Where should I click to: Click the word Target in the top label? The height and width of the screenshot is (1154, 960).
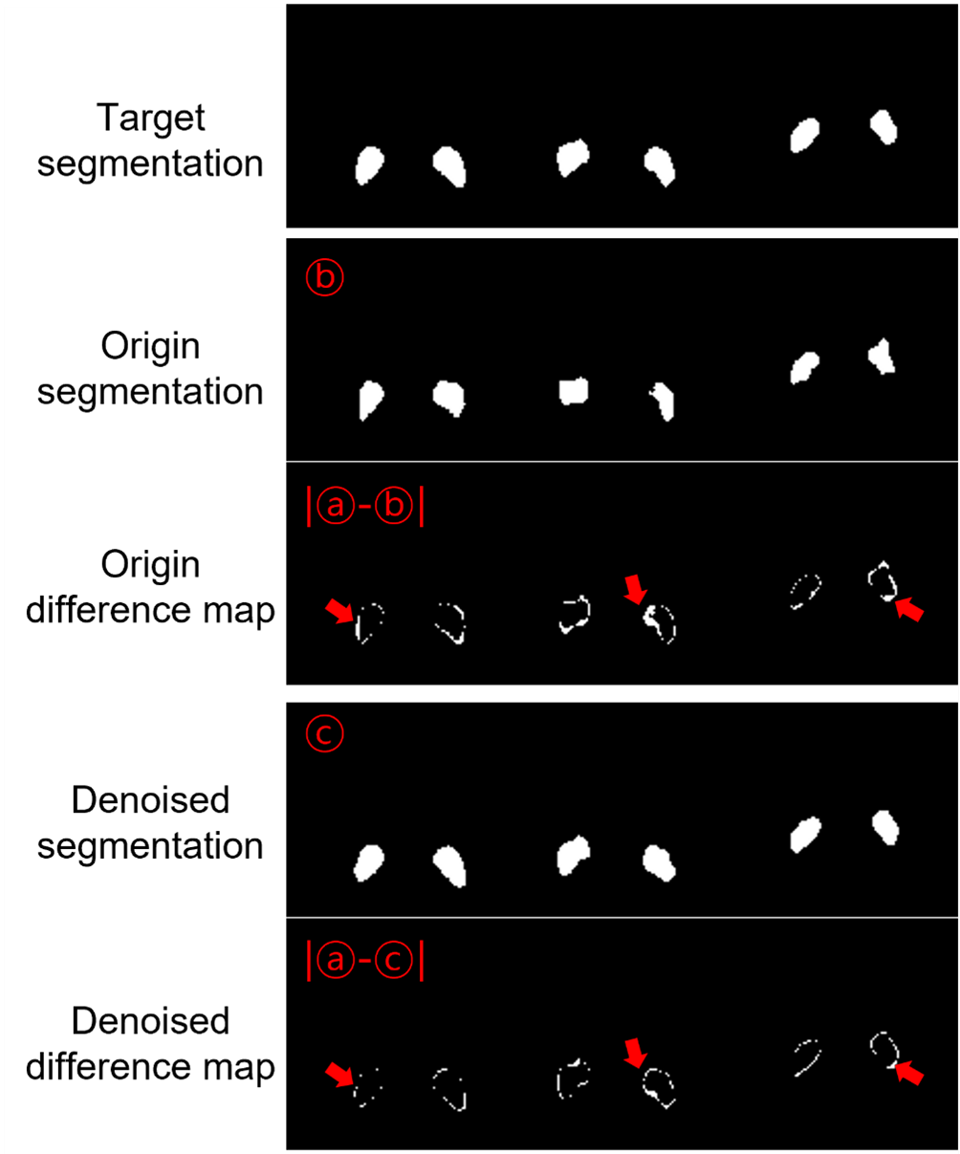point(150,118)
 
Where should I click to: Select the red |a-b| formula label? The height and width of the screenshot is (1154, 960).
point(363,507)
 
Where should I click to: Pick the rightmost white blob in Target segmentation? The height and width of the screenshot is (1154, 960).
point(884,126)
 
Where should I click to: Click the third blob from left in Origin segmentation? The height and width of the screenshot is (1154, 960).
point(573,390)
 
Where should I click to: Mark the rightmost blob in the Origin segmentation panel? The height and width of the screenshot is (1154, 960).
point(881,356)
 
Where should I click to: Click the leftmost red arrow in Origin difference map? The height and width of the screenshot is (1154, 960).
point(339,610)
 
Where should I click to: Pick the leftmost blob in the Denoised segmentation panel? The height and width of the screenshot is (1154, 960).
point(368,863)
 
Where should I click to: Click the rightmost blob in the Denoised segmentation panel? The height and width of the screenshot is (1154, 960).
point(886,828)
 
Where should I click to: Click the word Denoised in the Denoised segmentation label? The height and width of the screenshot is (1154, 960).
point(150,799)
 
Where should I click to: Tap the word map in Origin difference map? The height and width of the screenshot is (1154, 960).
point(240,610)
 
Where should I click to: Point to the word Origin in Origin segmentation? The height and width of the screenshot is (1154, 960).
point(150,346)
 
